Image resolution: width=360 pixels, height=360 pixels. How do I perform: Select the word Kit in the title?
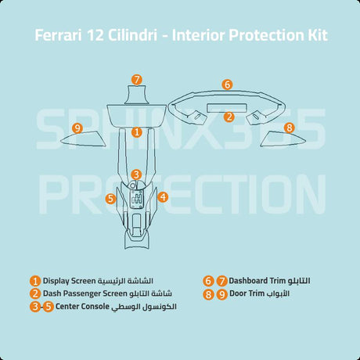(318, 36)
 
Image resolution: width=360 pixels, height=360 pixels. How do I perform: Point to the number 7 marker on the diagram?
(136, 80)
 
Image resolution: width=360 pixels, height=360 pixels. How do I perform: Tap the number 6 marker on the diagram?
(227, 84)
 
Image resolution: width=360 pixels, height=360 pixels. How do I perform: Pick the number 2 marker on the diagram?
(229, 117)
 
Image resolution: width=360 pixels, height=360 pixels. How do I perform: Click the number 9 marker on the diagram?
(77, 128)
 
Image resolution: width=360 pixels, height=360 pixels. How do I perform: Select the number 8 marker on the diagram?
(289, 127)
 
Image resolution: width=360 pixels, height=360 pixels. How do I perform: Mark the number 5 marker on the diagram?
(111, 199)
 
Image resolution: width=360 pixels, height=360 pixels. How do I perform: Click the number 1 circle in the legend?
(35, 281)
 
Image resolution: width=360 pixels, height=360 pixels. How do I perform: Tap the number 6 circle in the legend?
(208, 281)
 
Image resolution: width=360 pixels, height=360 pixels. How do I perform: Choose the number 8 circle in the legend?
(208, 294)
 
